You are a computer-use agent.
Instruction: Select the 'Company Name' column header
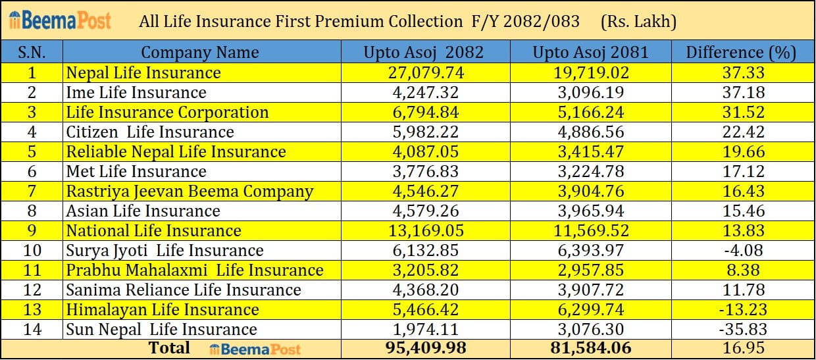pyautogui.click(x=200, y=53)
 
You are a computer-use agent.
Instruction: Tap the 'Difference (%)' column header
pyautogui.click(x=741, y=53)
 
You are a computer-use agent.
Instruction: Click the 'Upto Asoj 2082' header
pyautogui.click(x=424, y=53)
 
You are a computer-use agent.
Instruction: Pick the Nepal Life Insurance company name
pyautogui.click(x=143, y=72)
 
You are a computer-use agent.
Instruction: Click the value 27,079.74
pyautogui.click(x=424, y=72)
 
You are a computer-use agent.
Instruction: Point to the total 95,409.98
pyautogui.click(x=424, y=348)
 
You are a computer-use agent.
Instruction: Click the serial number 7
pyautogui.click(x=32, y=191)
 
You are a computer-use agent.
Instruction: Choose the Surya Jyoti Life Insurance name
pyautogui.click(x=165, y=250)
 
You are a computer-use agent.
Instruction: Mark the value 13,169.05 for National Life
pyautogui.click(x=424, y=230)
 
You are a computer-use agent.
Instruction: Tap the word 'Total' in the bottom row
pyautogui.click(x=169, y=347)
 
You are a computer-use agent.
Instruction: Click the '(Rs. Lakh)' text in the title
pyautogui.click(x=638, y=21)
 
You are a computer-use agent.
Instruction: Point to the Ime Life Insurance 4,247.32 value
pyautogui.click(x=424, y=92)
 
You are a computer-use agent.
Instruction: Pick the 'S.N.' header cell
pyautogui.click(x=32, y=53)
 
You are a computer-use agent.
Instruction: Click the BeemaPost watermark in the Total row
pyautogui.click(x=255, y=349)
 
